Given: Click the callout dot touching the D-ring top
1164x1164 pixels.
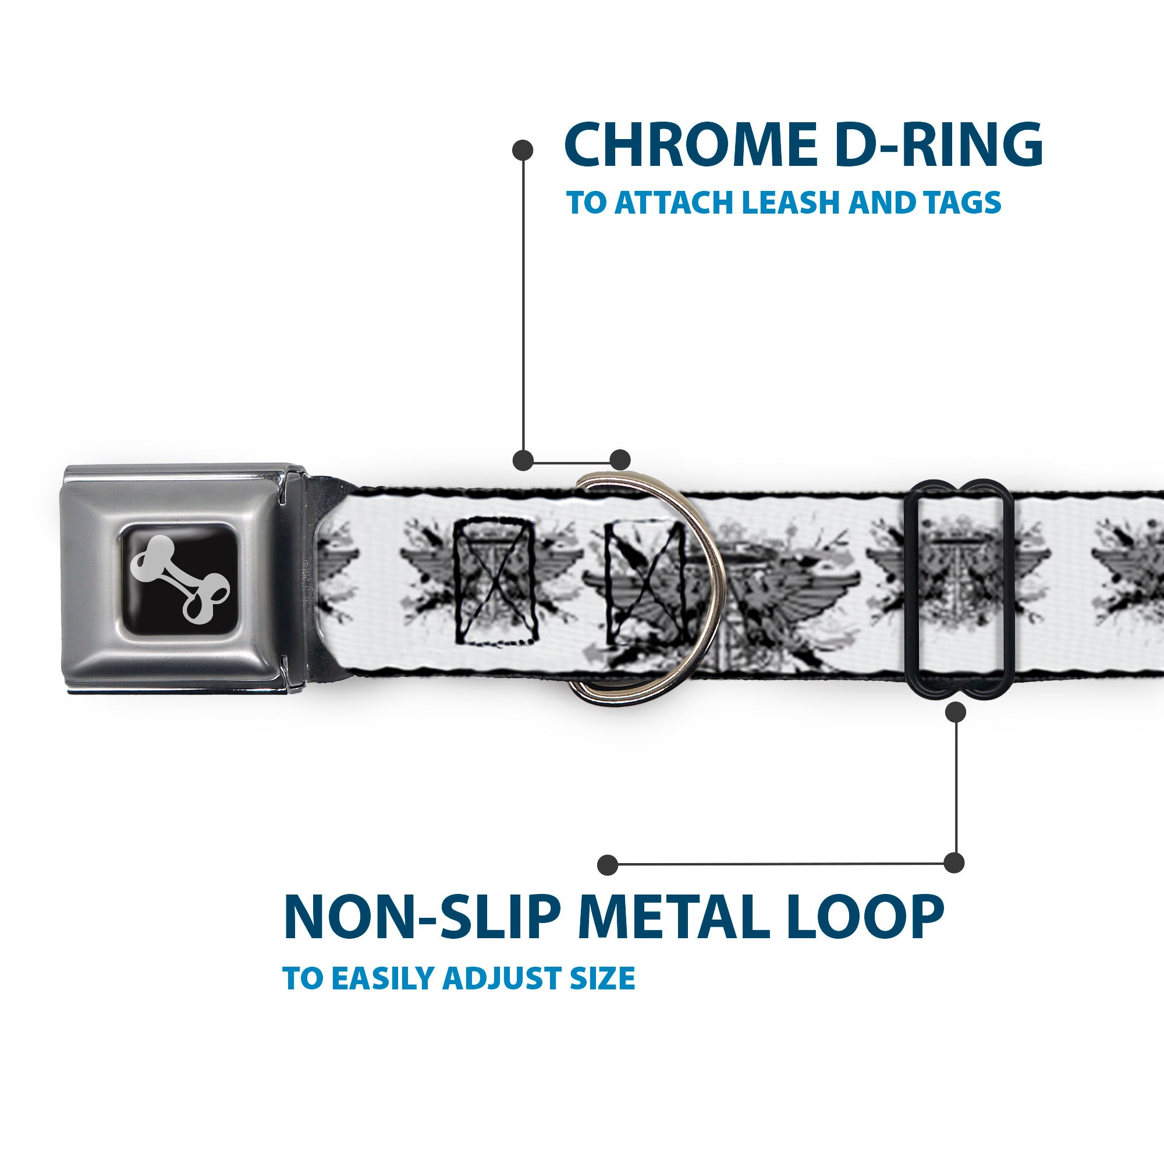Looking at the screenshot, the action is click(620, 460).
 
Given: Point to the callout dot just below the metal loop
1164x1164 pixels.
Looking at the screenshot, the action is click(956, 713).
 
